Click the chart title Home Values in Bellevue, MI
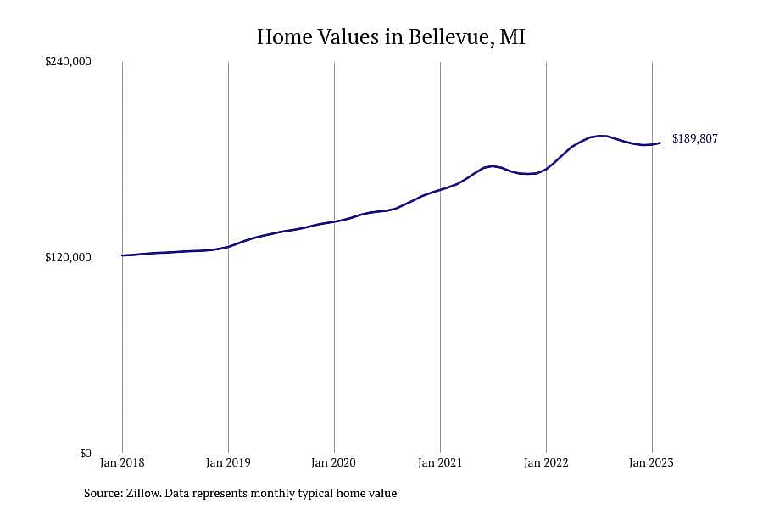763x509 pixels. click(391, 37)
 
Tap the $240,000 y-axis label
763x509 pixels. click(68, 62)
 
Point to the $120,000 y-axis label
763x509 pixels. click(68, 257)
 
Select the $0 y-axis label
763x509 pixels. click(86, 453)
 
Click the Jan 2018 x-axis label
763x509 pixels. click(122, 462)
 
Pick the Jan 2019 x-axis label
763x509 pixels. click(228, 462)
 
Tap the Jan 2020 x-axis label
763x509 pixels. click(334, 462)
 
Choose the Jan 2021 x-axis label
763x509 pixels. click(440, 462)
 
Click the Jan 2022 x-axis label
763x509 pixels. click(546, 462)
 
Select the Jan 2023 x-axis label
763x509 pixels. click(652, 462)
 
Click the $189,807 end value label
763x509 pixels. click(695, 139)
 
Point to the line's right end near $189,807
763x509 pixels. click(660, 143)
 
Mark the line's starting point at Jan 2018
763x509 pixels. click(122, 255)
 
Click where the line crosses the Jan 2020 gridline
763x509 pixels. click(334, 221)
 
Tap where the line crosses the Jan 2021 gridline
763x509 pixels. click(440, 189)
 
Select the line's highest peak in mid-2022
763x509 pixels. click(602, 136)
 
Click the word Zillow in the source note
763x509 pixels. click(143, 493)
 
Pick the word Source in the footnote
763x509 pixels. click(103, 493)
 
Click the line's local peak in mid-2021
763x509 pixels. click(493, 166)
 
